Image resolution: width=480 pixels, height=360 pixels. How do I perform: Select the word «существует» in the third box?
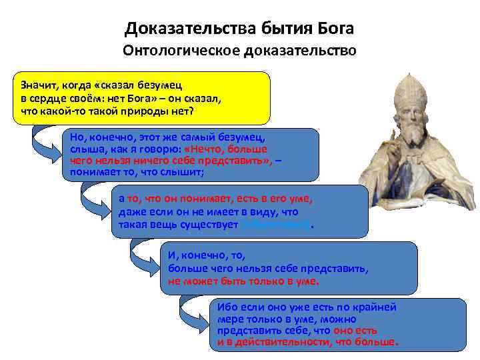[x=211, y=225]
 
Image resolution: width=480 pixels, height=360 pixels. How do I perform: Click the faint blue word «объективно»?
[x=275, y=225]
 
